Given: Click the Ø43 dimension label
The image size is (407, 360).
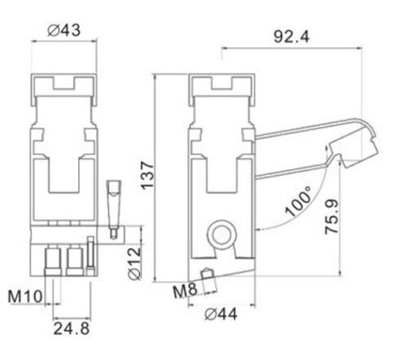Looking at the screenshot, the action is point(64,30).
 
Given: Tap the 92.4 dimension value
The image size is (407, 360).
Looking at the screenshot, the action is point(291,37).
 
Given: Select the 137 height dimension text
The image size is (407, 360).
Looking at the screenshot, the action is point(147,176).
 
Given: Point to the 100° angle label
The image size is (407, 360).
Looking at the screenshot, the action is point(298,201).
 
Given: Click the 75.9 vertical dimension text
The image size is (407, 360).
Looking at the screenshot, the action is point(332,217).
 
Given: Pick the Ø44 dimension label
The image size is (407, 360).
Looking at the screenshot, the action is point(221,314).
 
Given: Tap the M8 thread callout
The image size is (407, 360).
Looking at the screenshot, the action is point(185,291).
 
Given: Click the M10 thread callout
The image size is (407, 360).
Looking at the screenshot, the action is point(25,296).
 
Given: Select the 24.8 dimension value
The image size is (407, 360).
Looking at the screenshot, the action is point(72,328).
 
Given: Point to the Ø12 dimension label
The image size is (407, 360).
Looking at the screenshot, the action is point(135,263).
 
